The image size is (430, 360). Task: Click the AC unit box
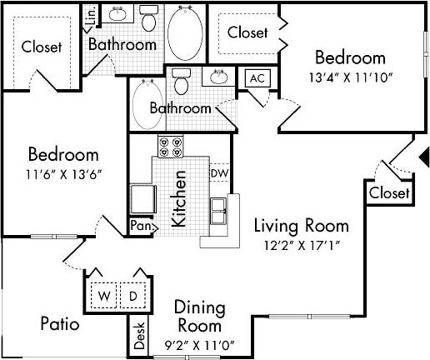(257, 78)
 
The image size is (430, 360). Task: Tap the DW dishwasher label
(219, 173)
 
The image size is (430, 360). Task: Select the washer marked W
(105, 296)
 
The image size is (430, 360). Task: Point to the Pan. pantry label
(139, 225)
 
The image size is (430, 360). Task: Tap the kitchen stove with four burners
(169, 147)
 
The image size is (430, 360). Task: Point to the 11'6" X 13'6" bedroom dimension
(64, 175)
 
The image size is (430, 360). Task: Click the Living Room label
(301, 226)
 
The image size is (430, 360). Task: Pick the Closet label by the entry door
(390, 193)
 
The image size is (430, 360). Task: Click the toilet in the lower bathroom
(182, 82)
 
